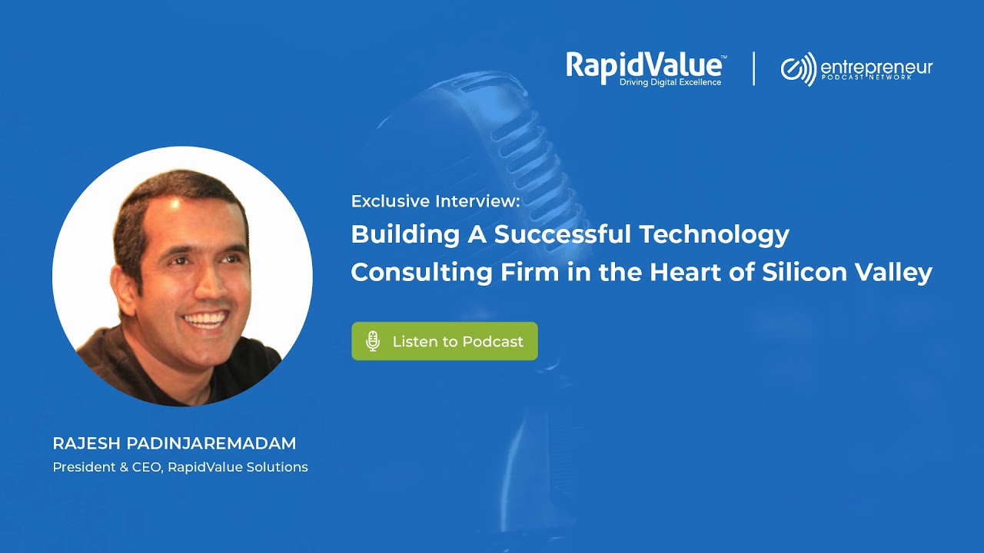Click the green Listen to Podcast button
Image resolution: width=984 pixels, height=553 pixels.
click(444, 341)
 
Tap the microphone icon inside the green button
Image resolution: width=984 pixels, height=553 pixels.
click(373, 341)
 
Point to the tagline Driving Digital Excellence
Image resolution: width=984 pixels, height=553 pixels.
click(670, 82)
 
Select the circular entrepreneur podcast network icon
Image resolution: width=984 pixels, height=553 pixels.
click(798, 69)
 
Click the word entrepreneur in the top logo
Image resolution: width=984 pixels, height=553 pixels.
click(876, 67)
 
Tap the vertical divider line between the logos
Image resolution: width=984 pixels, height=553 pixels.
click(753, 68)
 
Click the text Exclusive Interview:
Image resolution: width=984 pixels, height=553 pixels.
click(435, 201)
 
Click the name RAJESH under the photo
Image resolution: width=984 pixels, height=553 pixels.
click(82, 443)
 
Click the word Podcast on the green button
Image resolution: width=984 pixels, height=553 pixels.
click(494, 341)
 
